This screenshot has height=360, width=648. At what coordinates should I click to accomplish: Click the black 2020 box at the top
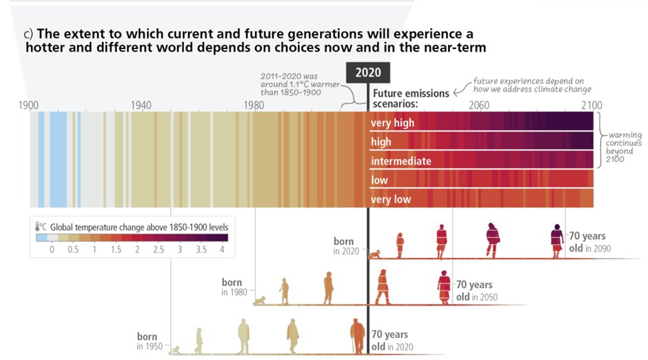point(367,72)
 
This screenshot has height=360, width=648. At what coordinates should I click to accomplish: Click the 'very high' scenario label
point(392,123)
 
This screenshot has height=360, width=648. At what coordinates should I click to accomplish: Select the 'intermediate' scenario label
point(401,161)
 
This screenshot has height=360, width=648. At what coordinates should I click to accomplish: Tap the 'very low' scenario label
point(391,200)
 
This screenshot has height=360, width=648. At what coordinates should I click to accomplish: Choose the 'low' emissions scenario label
point(380,181)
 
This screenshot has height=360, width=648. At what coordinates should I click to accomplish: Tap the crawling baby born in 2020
point(375,255)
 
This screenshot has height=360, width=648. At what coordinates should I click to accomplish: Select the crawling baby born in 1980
point(260,301)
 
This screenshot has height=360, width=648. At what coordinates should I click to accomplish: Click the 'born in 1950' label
point(150,341)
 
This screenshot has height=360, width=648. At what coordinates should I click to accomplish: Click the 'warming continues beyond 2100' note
point(625,147)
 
